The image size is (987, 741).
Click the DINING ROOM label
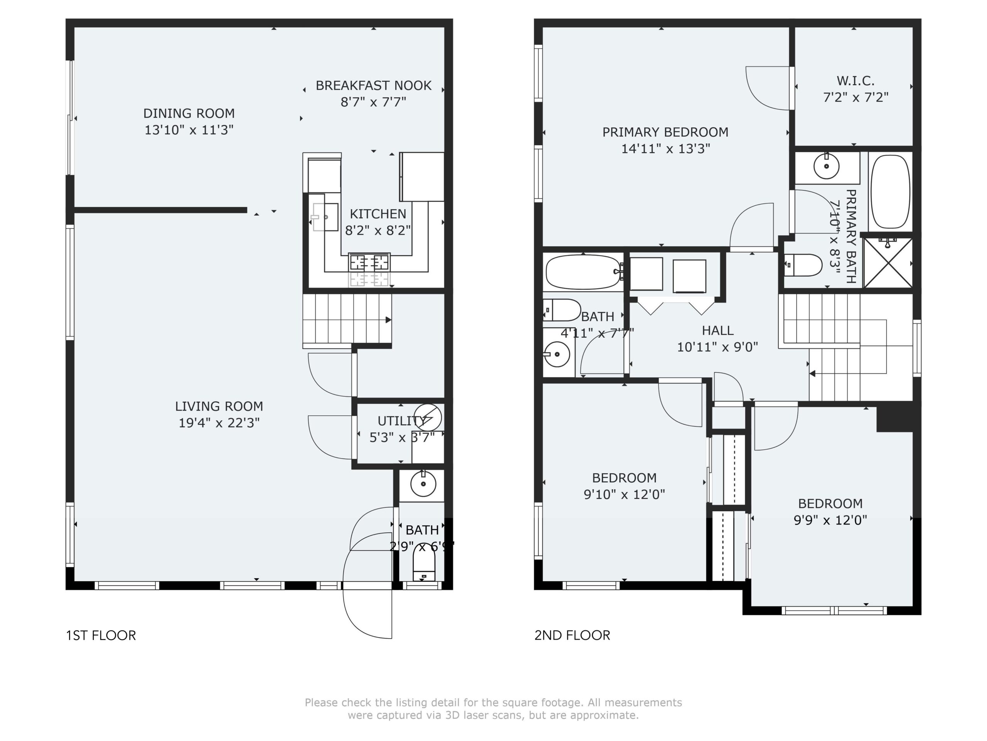coord(189,113)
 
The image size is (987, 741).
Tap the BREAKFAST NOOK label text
coord(374,86)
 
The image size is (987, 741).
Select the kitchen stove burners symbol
coord(369,262)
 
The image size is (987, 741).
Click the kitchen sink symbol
coord(325,217)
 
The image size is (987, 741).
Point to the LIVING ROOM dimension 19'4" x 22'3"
coord(219,423)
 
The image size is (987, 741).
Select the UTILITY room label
coord(402,421)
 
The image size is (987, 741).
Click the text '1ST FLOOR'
coord(101,635)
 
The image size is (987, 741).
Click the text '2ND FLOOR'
coord(572,635)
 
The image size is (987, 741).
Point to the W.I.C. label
coord(856,81)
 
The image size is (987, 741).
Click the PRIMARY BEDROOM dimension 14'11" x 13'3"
coord(666,149)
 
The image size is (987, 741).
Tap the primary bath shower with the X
coord(888,263)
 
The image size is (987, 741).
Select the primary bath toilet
coord(803,265)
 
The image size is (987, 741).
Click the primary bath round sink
coord(826,166)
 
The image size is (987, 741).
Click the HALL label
coord(718,330)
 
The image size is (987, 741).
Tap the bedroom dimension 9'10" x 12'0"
coord(624,494)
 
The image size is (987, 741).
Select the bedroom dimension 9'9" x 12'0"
coord(830,520)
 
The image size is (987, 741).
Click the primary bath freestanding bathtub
coord(890,192)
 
